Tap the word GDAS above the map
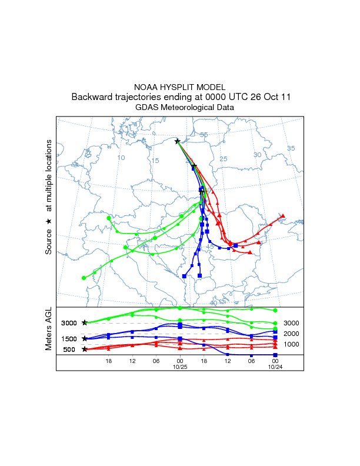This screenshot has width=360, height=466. (x=146, y=108)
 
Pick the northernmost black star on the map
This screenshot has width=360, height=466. (x=177, y=141)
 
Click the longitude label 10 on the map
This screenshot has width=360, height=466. (x=121, y=158)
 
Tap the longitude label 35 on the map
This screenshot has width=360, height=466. (x=291, y=148)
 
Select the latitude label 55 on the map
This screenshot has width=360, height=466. (x=204, y=135)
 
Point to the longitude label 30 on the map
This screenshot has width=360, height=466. (x=257, y=155)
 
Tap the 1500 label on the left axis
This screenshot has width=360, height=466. (x=69, y=339)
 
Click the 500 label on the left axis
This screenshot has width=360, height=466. (x=69, y=349)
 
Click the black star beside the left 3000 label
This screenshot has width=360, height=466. (x=85, y=323)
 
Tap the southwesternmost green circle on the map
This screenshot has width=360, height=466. (x=84, y=278)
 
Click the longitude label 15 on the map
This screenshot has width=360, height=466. (x=155, y=161)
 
